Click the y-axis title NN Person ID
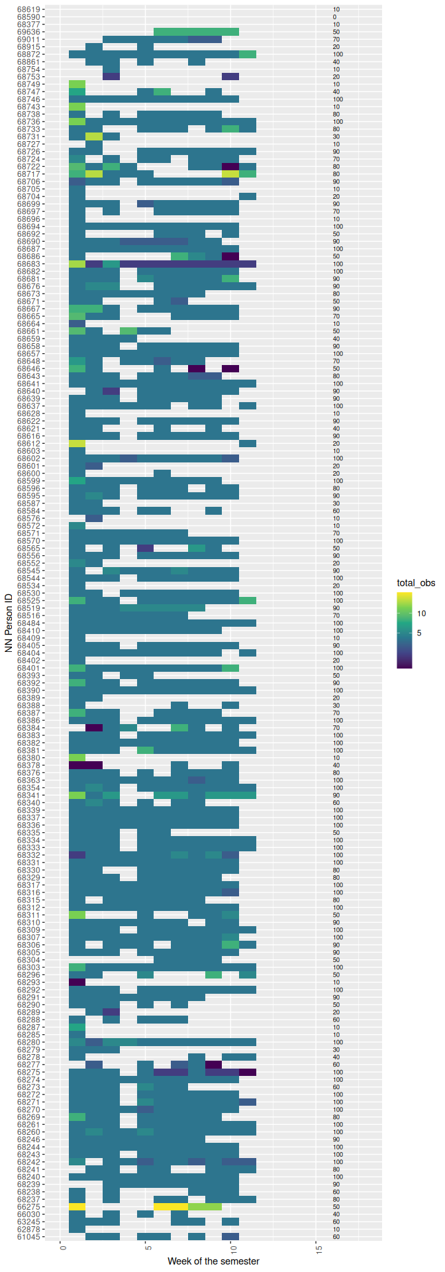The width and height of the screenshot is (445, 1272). click(9, 623)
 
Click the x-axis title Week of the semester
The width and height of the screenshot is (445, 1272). click(213, 1261)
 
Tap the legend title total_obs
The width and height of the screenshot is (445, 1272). click(416, 583)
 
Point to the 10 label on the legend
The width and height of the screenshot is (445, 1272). click(422, 613)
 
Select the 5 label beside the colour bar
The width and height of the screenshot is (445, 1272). click(419, 633)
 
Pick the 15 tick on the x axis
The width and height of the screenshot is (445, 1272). click(319, 1248)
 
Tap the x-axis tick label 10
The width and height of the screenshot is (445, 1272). click(233, 1248)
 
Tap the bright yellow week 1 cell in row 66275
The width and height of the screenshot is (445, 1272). click(77, 1206)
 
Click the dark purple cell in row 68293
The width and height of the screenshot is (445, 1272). click(77, 982)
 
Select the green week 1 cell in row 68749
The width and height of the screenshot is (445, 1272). click(77, 84)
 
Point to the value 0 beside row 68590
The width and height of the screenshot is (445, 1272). click(336, 17)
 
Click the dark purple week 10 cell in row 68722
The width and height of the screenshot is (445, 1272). click(230, 166)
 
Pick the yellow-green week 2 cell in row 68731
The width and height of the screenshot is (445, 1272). click(94, 136)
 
